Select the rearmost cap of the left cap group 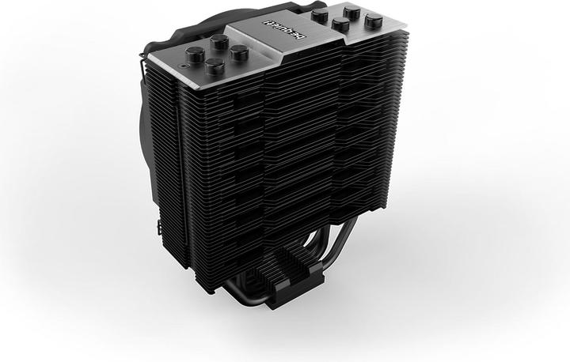click(219, 40)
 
